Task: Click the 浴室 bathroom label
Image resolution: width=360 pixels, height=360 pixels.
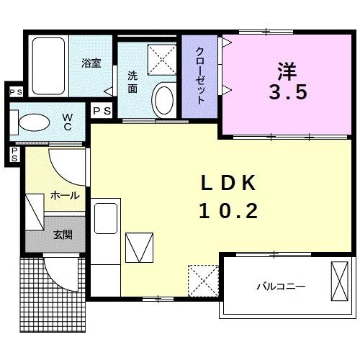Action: pos(91,63)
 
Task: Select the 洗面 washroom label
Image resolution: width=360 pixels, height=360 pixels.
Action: pos(133,81)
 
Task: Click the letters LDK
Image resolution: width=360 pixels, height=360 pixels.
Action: pos(227,184)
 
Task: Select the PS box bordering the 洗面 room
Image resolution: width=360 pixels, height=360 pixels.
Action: pos(102,111)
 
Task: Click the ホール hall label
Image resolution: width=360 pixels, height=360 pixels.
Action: pos(64,195)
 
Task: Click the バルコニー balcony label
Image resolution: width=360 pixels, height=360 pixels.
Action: pos(281,287)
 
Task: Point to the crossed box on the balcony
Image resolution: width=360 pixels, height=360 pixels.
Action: pos(339,282)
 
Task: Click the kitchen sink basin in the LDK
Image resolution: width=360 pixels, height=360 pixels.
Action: pos(107,219)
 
